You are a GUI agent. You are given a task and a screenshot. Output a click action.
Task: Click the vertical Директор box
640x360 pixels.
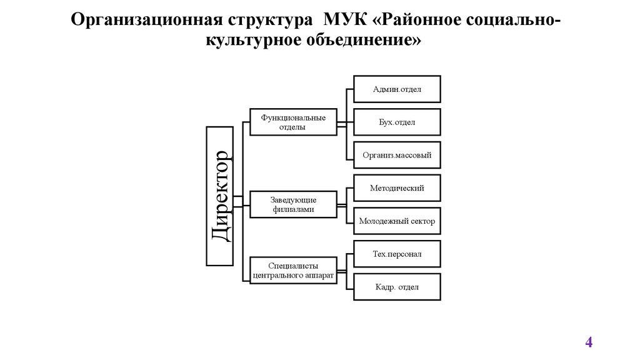click(221, 195)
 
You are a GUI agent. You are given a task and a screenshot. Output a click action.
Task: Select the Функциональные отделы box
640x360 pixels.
click(292, 122)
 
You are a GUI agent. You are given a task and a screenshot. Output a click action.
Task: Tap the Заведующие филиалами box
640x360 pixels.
click(292, 204)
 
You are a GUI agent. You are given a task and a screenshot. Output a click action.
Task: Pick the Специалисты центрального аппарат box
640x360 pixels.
click(292, 270)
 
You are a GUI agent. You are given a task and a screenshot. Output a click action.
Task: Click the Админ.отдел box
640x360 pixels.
click(397, 89)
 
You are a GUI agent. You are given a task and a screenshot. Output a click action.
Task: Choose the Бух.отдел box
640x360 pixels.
click(397, 122)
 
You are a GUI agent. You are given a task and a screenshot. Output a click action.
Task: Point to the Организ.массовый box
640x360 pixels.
click(397, 155)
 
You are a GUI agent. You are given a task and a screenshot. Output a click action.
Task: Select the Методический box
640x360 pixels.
click(397, 187)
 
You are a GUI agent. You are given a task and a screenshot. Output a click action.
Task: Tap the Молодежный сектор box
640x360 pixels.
click(397, 221)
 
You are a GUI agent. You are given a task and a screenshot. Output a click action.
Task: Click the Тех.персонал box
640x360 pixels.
click(397, 254)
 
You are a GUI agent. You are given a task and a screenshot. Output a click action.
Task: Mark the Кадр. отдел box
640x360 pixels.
click(397, 287)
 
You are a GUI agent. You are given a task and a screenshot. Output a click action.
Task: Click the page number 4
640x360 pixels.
click(588, 342)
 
